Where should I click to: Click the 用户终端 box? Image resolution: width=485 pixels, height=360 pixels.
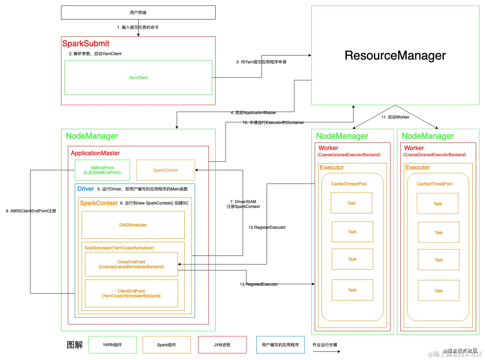point(138,12)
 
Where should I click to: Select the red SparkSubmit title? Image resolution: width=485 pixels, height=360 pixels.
point(86,44)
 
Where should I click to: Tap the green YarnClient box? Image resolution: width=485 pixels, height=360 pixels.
point(138,78)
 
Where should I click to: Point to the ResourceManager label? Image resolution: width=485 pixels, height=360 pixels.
point(395,55)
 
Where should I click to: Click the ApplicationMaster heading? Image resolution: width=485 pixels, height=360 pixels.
point(95,153)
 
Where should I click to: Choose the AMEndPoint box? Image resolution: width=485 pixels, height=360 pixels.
point(102,170)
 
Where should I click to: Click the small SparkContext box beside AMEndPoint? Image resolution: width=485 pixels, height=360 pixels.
point(166,170)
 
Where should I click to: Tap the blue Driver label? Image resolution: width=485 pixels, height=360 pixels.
point(86,189)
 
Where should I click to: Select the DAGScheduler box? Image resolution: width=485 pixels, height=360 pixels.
point(133,225)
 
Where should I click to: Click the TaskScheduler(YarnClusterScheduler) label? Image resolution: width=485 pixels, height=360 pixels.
point(119,248)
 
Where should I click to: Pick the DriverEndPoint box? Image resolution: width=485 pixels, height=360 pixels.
point(131,264)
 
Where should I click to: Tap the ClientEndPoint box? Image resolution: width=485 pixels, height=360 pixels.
point(131,294)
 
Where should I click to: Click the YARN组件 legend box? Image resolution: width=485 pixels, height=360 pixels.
point(112,345)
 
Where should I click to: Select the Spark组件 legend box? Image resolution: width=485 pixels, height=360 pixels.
point(167,345)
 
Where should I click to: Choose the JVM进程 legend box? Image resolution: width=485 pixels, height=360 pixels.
point(222,345)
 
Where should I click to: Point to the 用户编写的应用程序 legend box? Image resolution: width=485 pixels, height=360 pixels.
point(280,345)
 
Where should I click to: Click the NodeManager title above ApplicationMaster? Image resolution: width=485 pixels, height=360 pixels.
point(92,136)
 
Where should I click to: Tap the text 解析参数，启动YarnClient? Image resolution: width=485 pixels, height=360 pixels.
point(97,54)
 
